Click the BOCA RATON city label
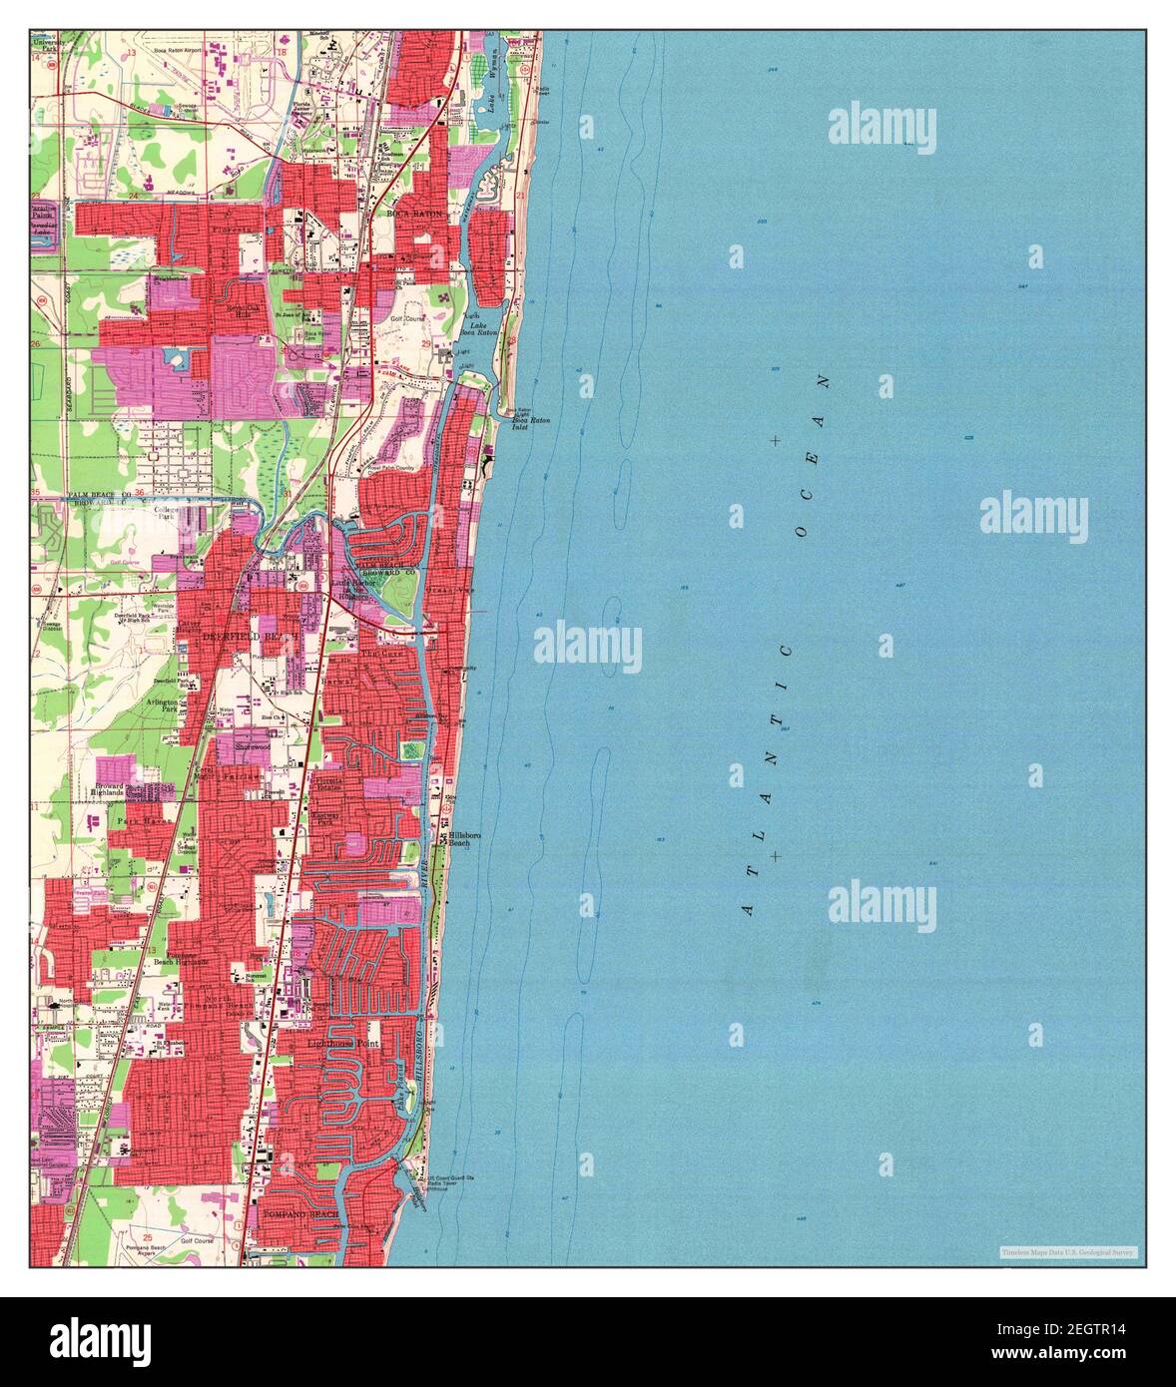(414, 214)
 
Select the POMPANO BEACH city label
(301, 1213)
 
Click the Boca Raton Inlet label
(530, 423)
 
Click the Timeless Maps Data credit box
(1067, 1251)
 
